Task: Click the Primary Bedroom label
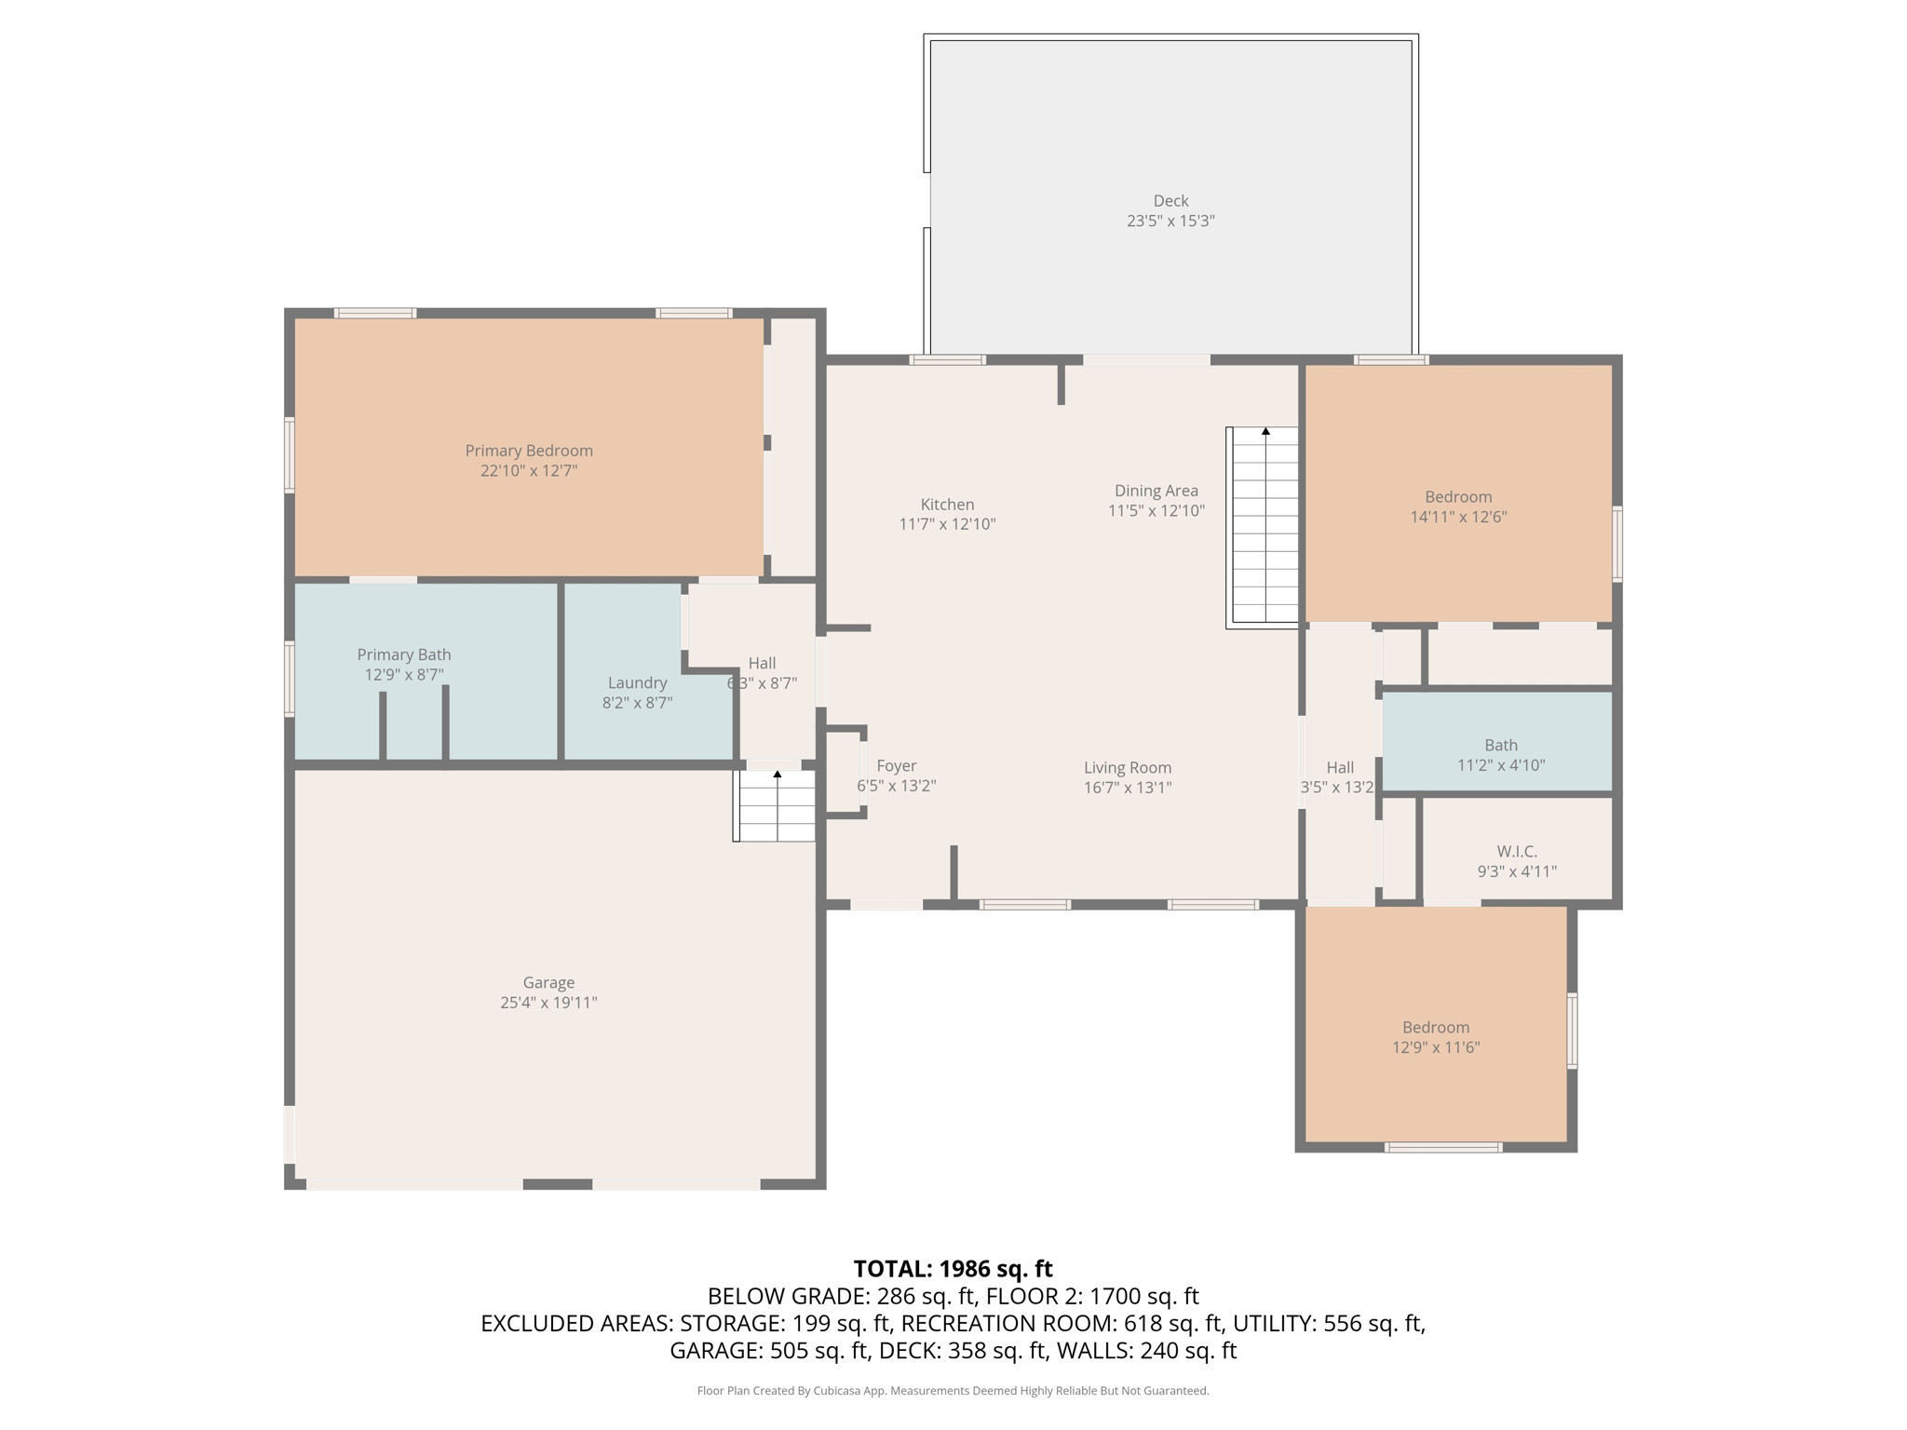pos(529,451)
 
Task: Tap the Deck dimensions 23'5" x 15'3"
pos(1170,221)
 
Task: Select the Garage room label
pos(548,982)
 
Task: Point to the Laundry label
pos(637,682)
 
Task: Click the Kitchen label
pos(947,505)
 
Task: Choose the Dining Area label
pos(1156,491)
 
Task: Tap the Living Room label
pos(1128,768)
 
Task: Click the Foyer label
pos(897,766)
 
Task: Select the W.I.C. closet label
pos(1517,852)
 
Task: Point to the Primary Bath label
pos(404,654)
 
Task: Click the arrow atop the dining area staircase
pos(1265,431)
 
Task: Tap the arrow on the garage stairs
pos(778,774)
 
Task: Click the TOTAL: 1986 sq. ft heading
pos(953,1269)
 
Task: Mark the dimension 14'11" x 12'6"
pos(1458,517)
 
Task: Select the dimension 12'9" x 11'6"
pos(1436,1047)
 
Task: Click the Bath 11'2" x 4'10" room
pos(1497,742)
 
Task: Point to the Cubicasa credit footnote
pos(953,1391)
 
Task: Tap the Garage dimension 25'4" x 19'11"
pos(548,1003)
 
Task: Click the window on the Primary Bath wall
pos(290,679)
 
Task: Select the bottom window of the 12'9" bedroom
pos(1443,1147)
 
